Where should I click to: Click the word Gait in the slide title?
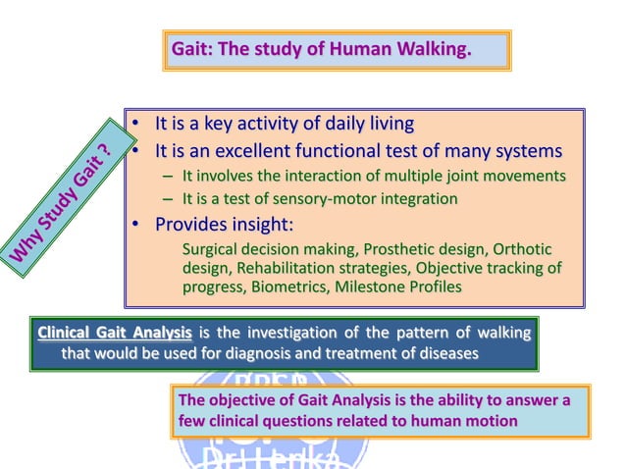pyautogui.click(x=188, y=48)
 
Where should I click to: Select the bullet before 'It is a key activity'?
pyautogui.click(x=136, y=125)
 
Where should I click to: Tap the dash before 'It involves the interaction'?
pyautogui.click(x=168, y=177)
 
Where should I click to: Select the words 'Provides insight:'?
pyautogui.click(x=225, y=224)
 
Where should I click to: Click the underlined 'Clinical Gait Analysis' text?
pyautogui.click(x=114, y=333)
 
